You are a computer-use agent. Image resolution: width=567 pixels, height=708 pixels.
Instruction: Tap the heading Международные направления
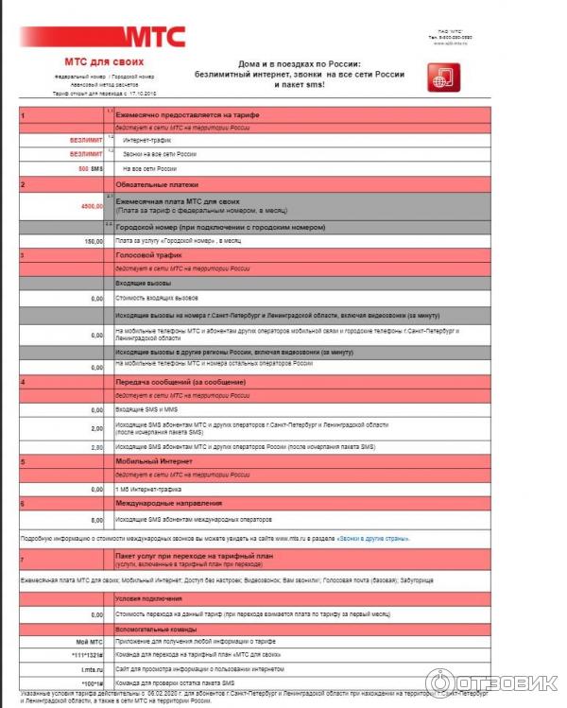pyautogui.click(x=168, y=503)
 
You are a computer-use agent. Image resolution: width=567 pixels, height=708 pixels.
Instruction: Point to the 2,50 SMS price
pyautogui.click(x=96, y=446)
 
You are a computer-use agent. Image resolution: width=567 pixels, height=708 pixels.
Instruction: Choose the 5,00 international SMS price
pyautogui.click(x=96, y=520)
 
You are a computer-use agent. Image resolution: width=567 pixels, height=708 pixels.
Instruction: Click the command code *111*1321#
pyautogui.click(x=84, y=655)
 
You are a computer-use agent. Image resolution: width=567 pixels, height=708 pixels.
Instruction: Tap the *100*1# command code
pyautogui.click(x=90, y=682)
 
